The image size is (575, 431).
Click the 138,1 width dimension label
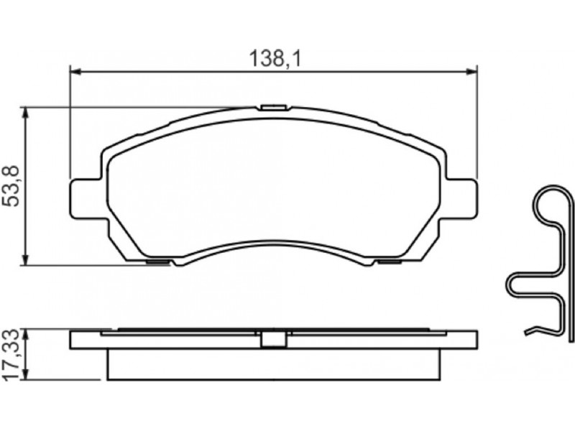coord(275,59)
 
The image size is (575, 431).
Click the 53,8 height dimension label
coord(10,186)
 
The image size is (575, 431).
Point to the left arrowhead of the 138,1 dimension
coord(75,72)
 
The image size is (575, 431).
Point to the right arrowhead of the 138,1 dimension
coord(472,72)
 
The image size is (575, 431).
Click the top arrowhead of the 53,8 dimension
coord(25,113)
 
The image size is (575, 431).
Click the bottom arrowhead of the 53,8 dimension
coord(25,259)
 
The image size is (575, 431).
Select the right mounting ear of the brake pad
coord(461,199)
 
